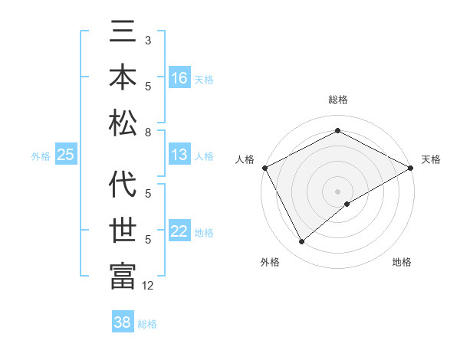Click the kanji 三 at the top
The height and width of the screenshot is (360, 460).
(x=123, y=35)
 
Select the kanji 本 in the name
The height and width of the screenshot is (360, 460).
(x=123, y=77)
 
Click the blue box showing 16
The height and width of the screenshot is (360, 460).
(x=179, y=78)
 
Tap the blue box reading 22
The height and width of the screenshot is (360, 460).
(x=179, y=232)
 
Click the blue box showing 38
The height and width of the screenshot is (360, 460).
(x=123, y=322)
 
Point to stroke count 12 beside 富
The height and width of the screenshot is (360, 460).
(x=148, y=286)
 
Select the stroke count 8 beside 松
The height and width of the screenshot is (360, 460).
(x=147, y=133)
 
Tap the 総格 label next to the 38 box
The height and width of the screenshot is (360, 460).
(x=148, y=324)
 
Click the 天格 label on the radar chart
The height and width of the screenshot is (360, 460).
(x=431, y=159)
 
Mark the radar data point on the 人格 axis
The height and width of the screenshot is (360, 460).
(x=264, y=167)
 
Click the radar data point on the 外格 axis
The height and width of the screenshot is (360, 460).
(x=301, y=242)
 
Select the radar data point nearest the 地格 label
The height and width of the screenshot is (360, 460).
(x=347, y=204)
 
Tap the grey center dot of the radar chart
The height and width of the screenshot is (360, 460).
(x=337, y=191)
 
